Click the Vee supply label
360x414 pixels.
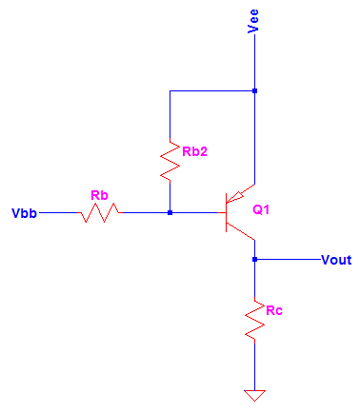(252, 20)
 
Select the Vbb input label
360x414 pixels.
(24, 212)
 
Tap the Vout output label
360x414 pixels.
(336, 259)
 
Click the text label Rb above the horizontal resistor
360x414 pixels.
(99, 195)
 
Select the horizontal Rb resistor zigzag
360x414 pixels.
(99, 212)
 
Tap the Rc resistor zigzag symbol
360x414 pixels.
(254, 319)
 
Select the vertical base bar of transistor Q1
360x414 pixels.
(226, 212)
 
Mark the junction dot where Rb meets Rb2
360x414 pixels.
(170, 212)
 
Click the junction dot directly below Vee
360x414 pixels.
(254, 91)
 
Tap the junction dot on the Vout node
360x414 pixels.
(254, 259)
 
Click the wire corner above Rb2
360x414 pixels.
(170, 91)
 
